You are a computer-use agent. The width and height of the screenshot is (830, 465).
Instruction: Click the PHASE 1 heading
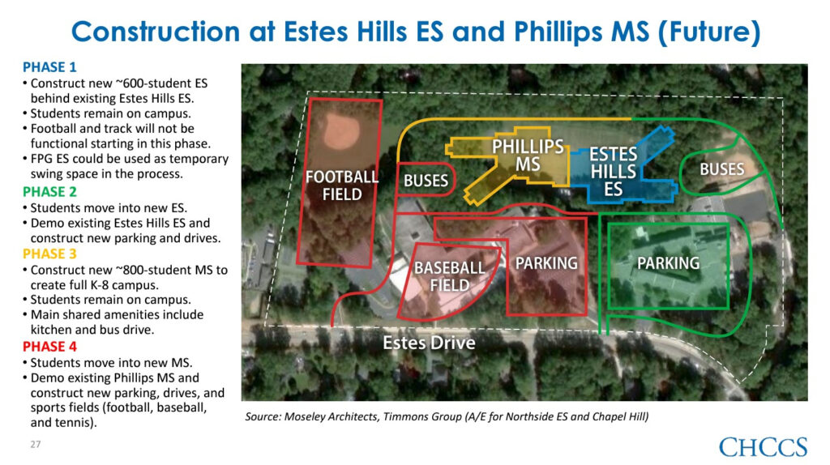[x=49, y=66]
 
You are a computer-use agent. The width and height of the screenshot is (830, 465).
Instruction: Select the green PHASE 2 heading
[x=49, y=192]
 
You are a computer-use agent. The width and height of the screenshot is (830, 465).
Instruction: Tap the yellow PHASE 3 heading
[x=49, y=254]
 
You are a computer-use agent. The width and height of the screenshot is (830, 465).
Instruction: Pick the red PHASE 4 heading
[x=49, y=346]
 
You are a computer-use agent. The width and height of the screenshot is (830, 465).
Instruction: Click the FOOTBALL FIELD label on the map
[x=341, y=185]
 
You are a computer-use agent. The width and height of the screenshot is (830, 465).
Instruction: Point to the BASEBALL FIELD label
[x=449, y=275]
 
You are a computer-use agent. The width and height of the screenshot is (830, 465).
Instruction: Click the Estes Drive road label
[x=429, y=343]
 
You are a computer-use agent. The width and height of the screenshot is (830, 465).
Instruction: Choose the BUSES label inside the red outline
[x=426, y=181]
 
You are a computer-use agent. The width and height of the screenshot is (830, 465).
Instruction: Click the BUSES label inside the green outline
[x=721, y=169]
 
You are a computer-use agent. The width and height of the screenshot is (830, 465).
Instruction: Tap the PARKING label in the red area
[x=546, y=263]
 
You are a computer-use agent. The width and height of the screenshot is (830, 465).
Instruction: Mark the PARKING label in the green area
[x=668, y=263]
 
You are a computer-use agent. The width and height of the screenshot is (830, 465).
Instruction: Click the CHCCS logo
[x=763, y=446]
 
